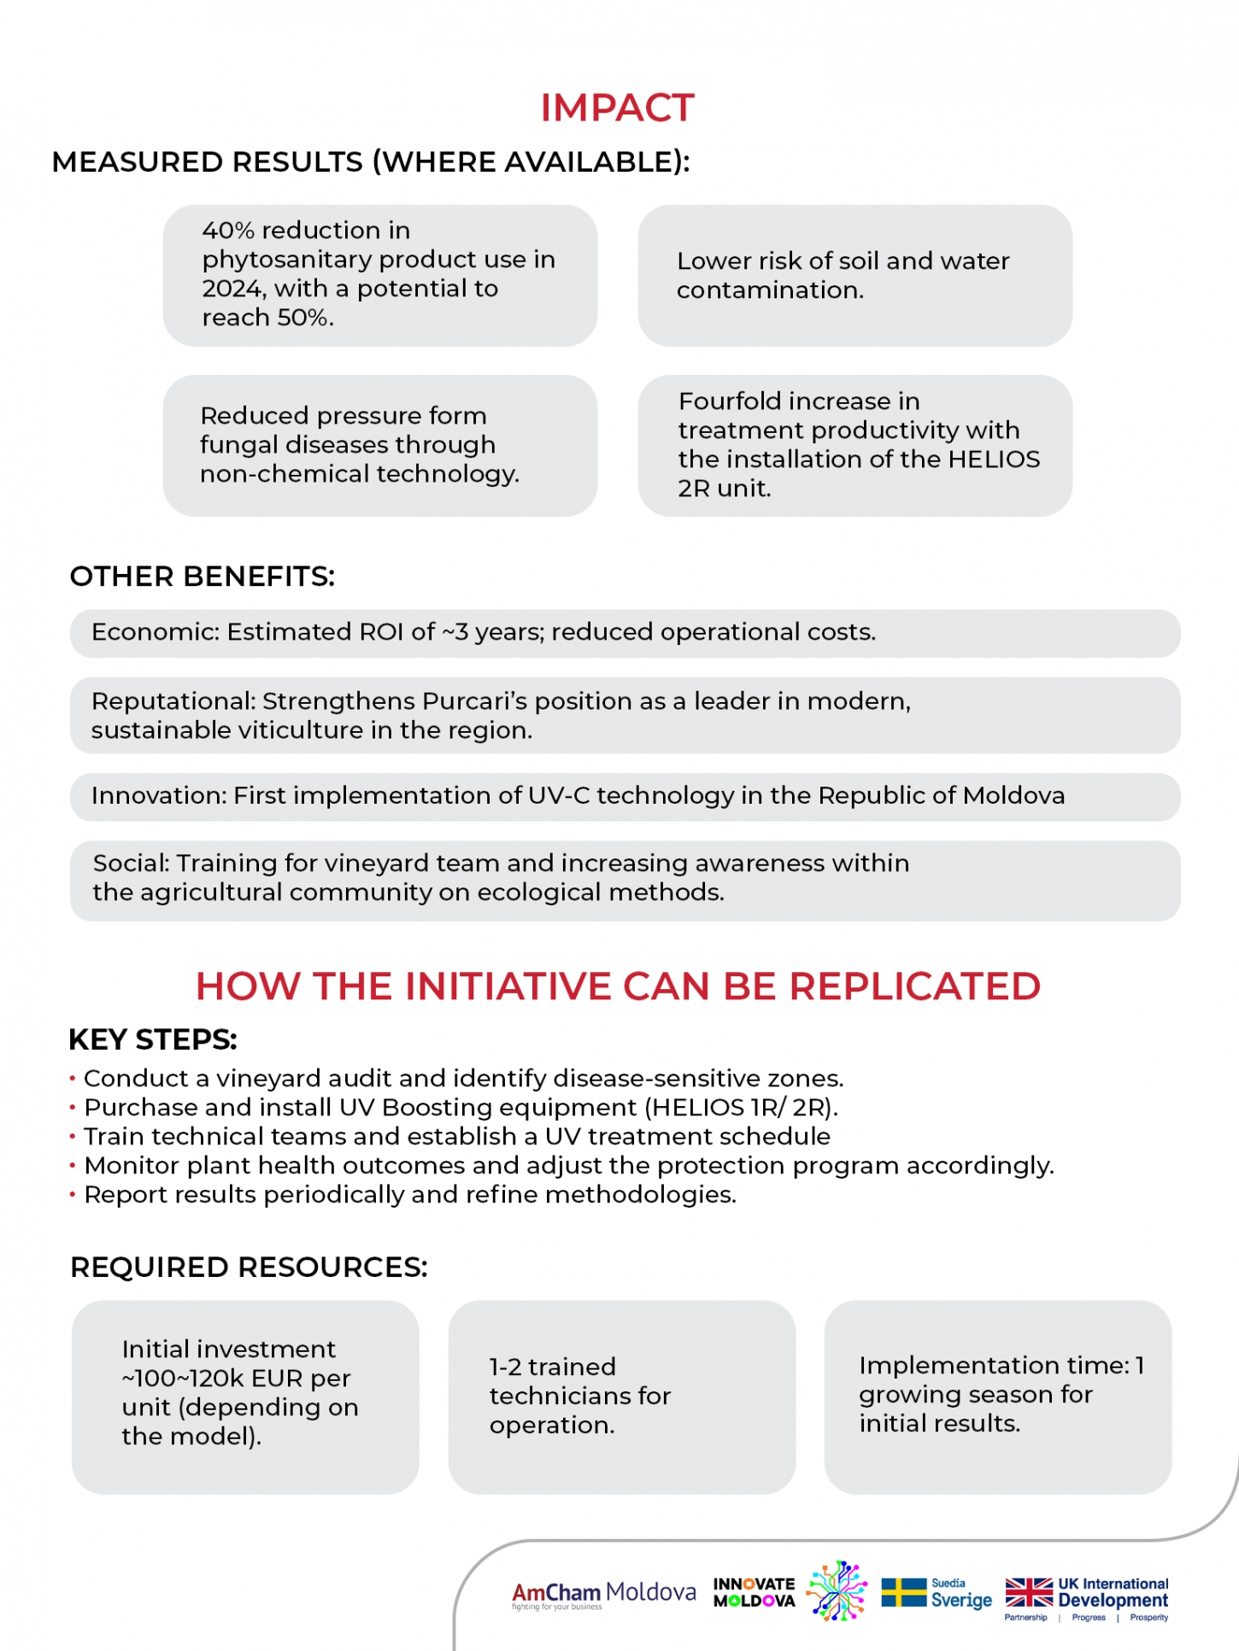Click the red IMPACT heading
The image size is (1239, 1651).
617,108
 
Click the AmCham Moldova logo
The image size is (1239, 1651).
603,1594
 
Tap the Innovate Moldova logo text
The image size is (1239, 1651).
754,1592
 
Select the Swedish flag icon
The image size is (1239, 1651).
903,1592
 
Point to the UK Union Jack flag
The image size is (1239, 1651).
1028,1592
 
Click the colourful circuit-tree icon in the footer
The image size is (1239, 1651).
837,1590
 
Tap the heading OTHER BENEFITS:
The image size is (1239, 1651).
202,577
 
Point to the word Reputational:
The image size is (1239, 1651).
173,701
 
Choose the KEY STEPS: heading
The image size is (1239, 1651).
152,1040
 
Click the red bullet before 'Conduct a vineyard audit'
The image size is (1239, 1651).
73,1080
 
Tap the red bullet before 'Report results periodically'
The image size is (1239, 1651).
73,1196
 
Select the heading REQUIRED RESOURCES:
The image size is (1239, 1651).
249,1268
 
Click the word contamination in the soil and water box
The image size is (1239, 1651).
768,290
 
